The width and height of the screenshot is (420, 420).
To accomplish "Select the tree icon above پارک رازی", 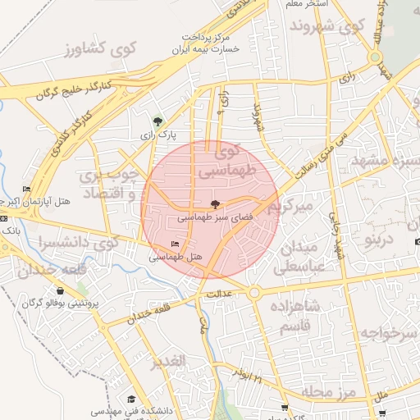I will tap(158, 121).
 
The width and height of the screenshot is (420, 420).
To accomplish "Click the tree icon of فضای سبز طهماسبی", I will tap(215, 205).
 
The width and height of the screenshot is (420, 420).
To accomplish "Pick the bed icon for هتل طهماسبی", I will tap(174, 244).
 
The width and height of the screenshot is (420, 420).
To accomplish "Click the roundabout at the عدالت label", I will tap(254, 292).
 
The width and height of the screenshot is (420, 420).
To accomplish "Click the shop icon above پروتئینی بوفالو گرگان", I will tap(61, 290).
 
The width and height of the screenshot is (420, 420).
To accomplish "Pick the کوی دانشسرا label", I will tap(79, 243).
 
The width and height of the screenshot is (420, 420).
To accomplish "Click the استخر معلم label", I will tap(305, 4).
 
